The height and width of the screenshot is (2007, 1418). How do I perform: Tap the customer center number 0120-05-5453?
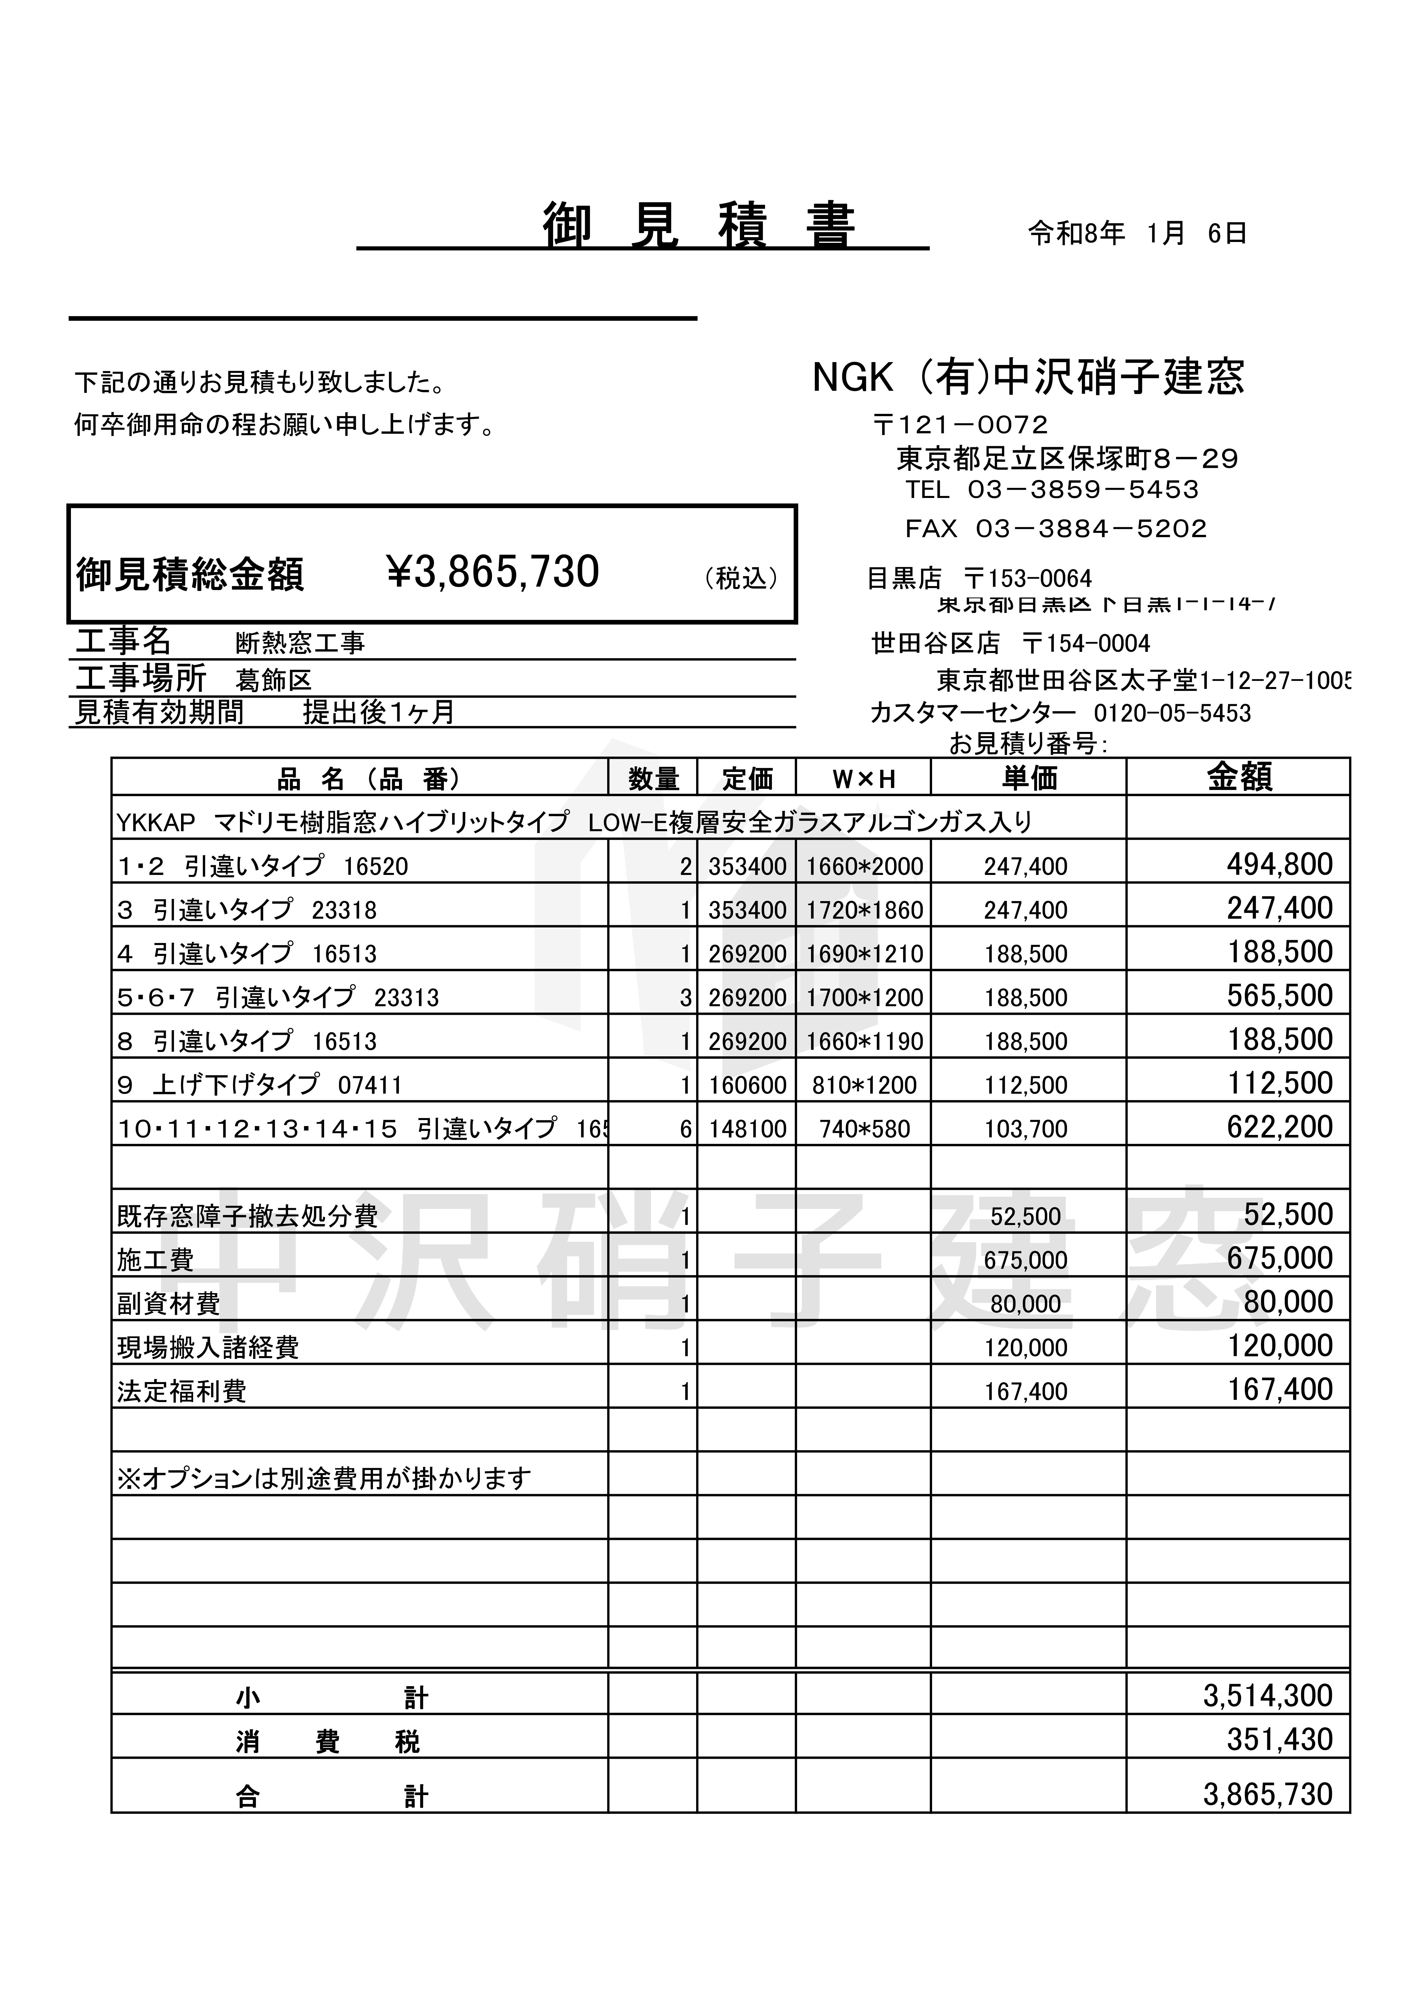tap(1172, 713)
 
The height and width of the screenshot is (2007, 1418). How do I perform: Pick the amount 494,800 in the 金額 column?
tap(1279, 865)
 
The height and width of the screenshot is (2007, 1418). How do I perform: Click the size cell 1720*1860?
tap(864, 910)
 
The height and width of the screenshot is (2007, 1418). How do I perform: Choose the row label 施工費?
tap(156, 1260)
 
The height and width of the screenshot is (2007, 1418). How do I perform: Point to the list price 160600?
tap(746, 1085)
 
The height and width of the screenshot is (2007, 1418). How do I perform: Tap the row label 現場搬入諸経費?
tap(208, 1347)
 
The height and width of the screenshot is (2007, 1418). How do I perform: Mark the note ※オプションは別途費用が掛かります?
tap(323, 1478)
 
